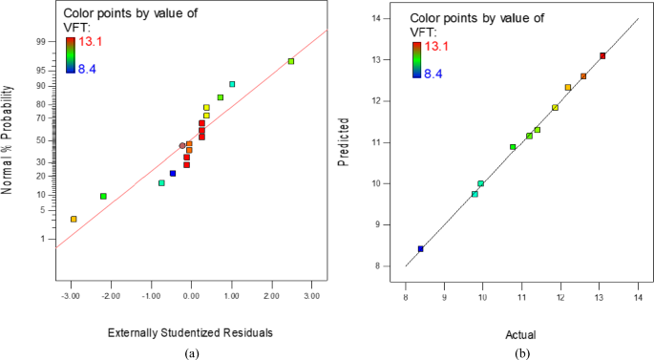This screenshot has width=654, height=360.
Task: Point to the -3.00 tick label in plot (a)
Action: (70, 296)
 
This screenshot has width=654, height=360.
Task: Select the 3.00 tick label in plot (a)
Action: (312, 296)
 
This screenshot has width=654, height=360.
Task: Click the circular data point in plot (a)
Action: (182, 146)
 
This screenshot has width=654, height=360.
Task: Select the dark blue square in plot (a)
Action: (173, 174)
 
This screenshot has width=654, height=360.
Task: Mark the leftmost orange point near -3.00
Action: (74, 220)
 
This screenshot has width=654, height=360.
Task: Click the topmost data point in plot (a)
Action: (291, 61)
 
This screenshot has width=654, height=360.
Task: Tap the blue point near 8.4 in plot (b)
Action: (420, 249)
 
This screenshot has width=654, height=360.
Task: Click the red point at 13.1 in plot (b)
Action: (602, 56)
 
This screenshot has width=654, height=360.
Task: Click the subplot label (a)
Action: (191, 352)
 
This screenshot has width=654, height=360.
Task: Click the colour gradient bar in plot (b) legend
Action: (416, 59)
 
